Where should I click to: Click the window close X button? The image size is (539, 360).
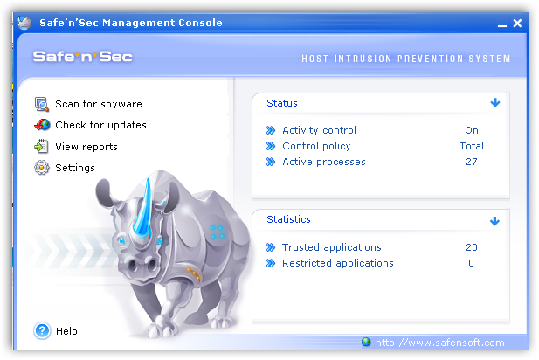click(x=517, y=24)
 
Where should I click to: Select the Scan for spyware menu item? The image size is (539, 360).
click(x=99, y=104)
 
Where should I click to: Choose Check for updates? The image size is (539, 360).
click(x=100, y=125)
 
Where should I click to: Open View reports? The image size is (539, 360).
click(x=86, y=147)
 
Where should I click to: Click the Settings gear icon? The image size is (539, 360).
click(x=42, y=168)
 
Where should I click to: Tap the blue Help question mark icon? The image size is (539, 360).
click(x=42, y=331)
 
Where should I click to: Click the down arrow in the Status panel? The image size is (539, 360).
click(x=495, y=102)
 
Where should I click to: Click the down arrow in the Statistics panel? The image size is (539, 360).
click(x=494, y=221)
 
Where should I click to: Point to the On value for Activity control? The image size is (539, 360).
click(x=472, y=130)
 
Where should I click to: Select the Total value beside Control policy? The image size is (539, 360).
click(x=472, y=146)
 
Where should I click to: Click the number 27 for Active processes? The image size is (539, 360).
click(x=472, y=162)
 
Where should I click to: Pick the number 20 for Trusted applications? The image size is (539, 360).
click(x=472, y=247)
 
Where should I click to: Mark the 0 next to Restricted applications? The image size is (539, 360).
click(x=471, y=263)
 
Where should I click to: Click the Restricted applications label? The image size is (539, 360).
click(x=338, y=263)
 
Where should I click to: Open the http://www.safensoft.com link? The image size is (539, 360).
click(x=440, y=343)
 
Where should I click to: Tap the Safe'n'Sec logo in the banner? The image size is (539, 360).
click(x=82, y=57)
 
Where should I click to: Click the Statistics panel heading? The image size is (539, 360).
click(x=289, y=219)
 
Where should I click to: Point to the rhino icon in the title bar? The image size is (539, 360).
click(x=24, y=23)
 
